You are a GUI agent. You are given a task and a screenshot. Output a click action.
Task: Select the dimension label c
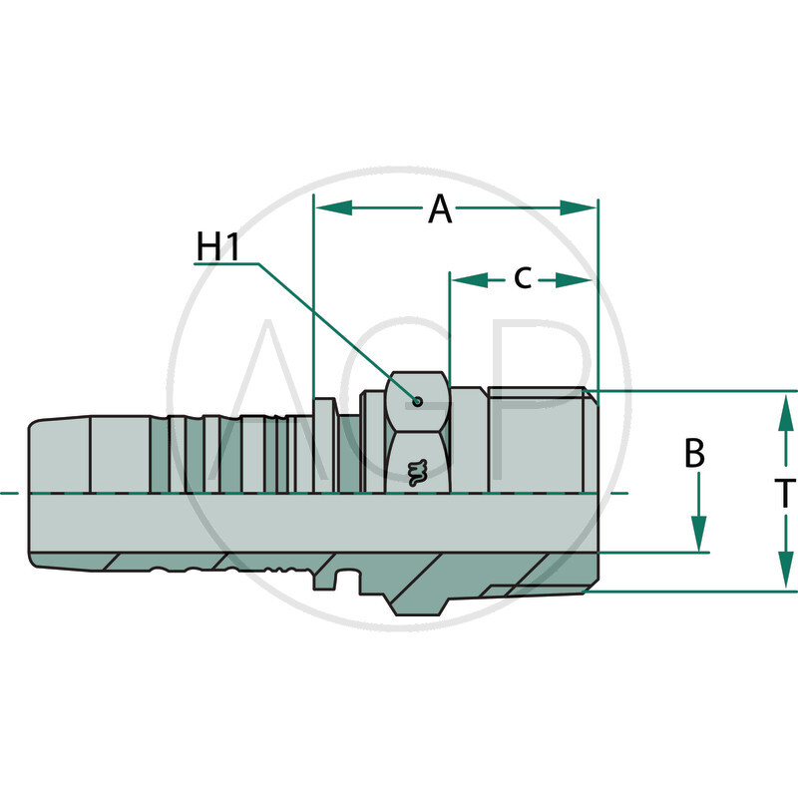pyautogui.click(x=523, y=278)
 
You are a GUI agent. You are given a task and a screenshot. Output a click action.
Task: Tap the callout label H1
pyautogui.click(x=217, y=247)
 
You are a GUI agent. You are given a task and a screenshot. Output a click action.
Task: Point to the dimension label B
pyautogui.click(x=695, y=454)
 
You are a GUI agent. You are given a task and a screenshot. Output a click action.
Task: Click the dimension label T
pyautogui.click(x=785, y=492)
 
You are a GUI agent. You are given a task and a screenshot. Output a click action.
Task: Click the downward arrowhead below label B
pyautogui.click(x=698, y=534)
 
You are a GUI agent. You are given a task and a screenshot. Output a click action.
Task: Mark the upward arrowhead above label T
pyautogui.click(x=785, y=409)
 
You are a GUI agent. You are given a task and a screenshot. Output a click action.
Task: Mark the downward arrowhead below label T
pyautogui.click(x=785, y=573)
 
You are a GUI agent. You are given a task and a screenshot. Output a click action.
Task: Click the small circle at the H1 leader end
pyautogui.click(x=417, y=402)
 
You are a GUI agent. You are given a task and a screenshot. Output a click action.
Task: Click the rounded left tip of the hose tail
pyautogui.click(x=32, y=494)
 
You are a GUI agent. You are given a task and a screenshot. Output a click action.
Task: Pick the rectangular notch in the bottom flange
pyautogui.click(x=346, y=581)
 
